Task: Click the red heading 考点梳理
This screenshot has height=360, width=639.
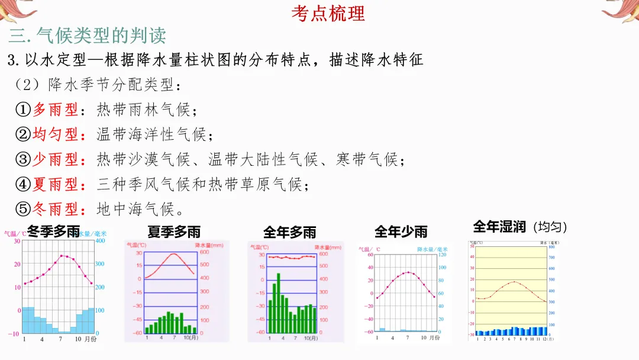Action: point(328,13)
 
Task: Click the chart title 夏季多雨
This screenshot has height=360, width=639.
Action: point(174,232)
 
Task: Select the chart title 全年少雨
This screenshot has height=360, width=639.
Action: point(401,232)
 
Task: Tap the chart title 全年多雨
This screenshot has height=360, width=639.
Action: point(289,232)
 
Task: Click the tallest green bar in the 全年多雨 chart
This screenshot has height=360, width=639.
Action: point(278,303)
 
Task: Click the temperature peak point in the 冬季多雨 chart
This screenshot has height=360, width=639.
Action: point(61,256)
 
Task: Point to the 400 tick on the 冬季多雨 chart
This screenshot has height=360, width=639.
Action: point(101,240)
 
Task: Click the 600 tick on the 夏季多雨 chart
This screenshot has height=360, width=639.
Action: point(205,252)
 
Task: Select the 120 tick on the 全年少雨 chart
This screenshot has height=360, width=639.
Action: point(443,255)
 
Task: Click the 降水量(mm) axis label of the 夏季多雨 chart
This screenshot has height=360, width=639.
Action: point(209,245)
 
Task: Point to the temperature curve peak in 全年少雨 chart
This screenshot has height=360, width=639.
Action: point(408,272)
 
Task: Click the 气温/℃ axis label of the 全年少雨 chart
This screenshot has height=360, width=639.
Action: point(370,249)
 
